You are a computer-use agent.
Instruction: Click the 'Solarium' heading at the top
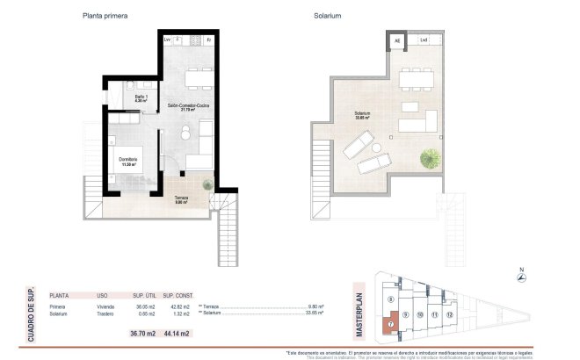click(x=327, y=15)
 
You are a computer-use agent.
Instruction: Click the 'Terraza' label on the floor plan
click(x=181, y=199)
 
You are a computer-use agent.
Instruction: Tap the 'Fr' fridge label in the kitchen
click(x=208, y=40)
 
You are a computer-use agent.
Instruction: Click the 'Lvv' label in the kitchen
click(x=167, y=40)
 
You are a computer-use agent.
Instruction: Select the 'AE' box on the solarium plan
click(x=396, y=40)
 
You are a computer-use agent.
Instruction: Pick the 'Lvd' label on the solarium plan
click(x=424, y=40)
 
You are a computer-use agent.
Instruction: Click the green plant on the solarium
click(x=430, y=159)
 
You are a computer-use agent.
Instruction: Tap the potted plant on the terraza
click(x=207, y=185)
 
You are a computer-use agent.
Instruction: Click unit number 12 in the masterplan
click(x=449, y=313)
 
